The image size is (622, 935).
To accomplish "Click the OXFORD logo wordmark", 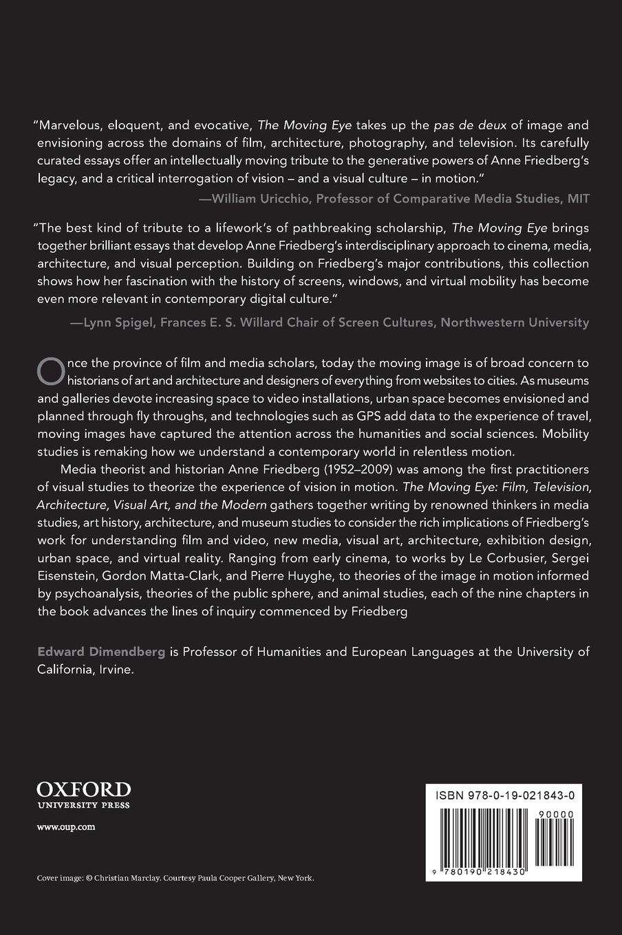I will tap(83, 788).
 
